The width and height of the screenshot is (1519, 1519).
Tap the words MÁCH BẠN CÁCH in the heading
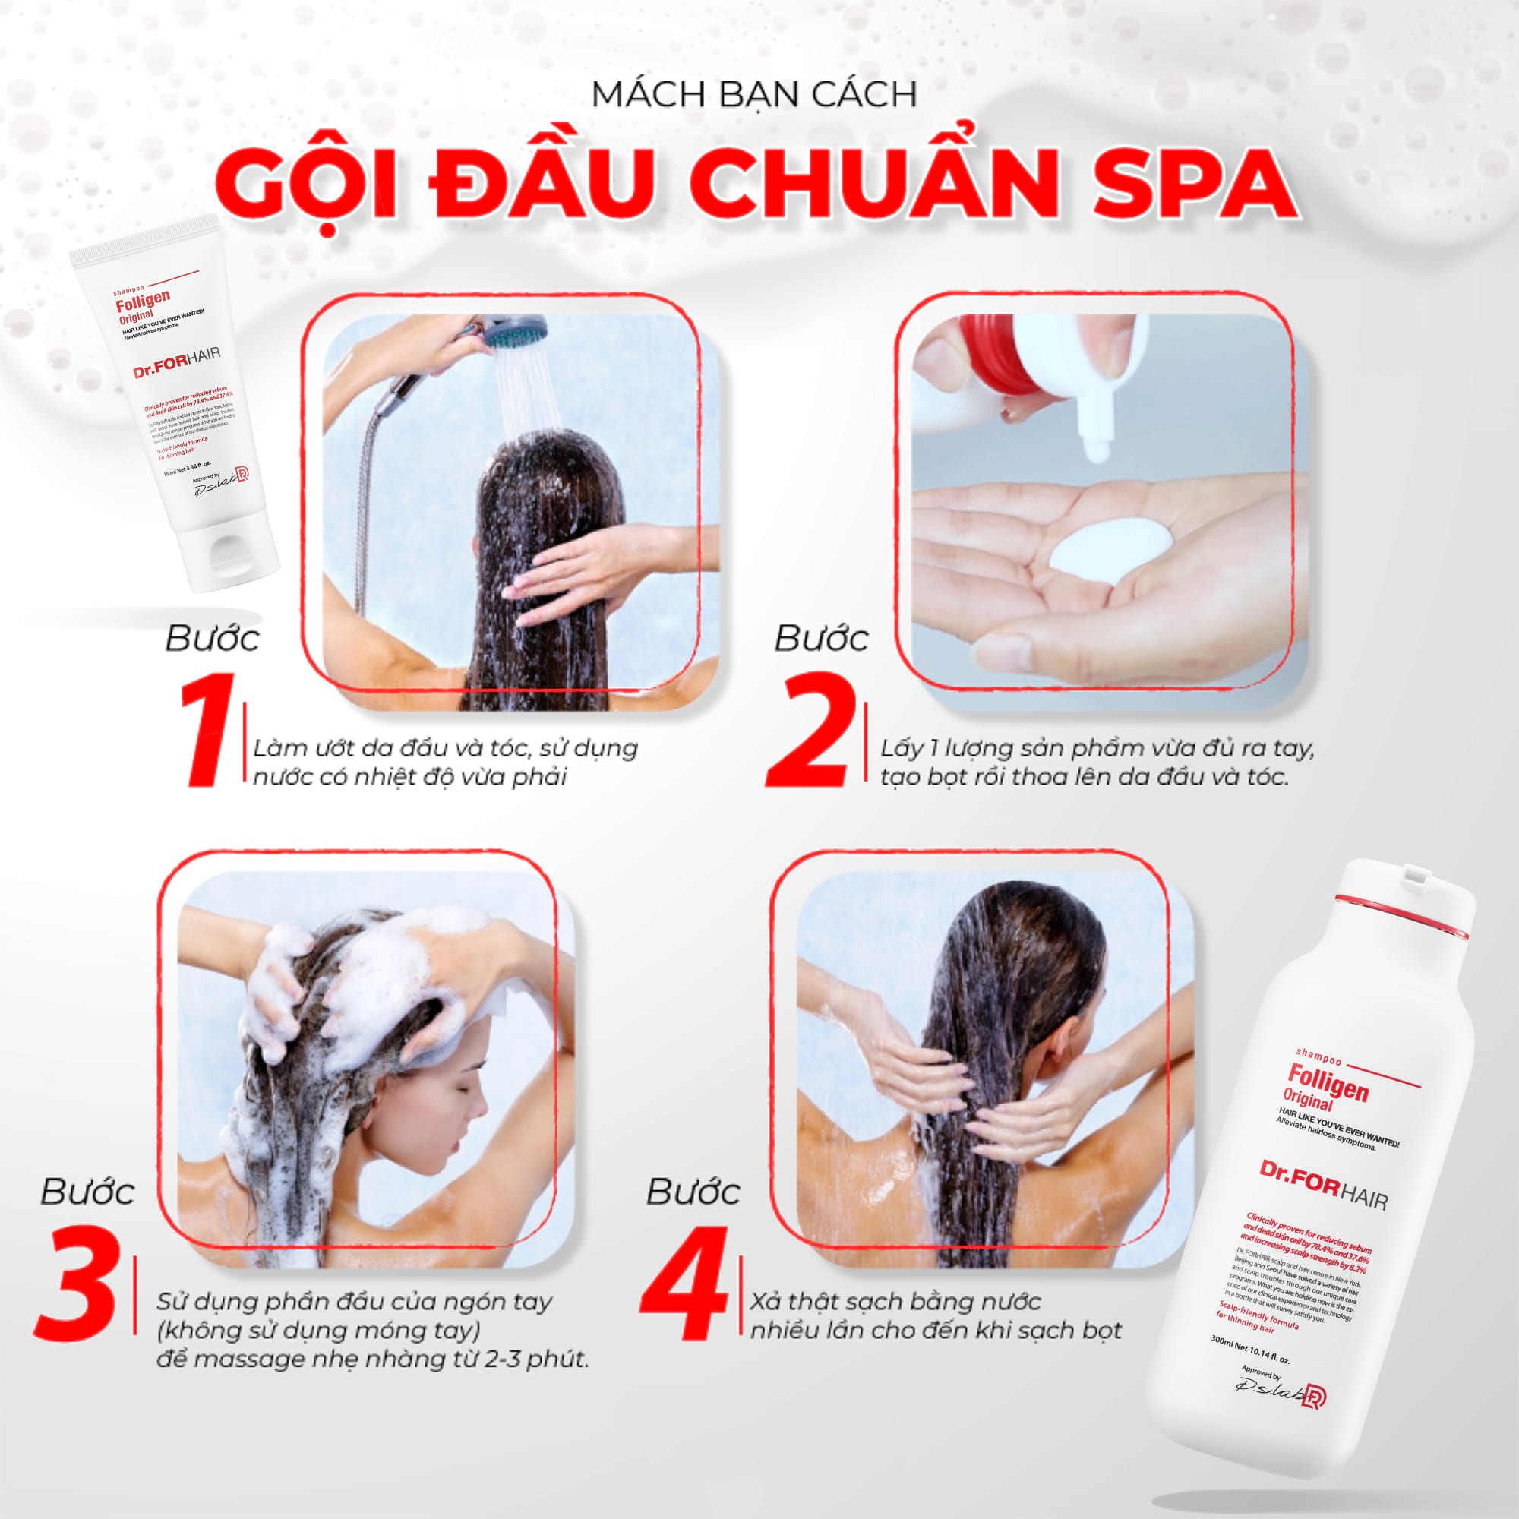(x=754, y=95)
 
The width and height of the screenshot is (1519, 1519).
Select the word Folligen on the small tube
(x=142, y=300)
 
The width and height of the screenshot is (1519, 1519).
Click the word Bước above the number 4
(x=693, y=1192)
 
